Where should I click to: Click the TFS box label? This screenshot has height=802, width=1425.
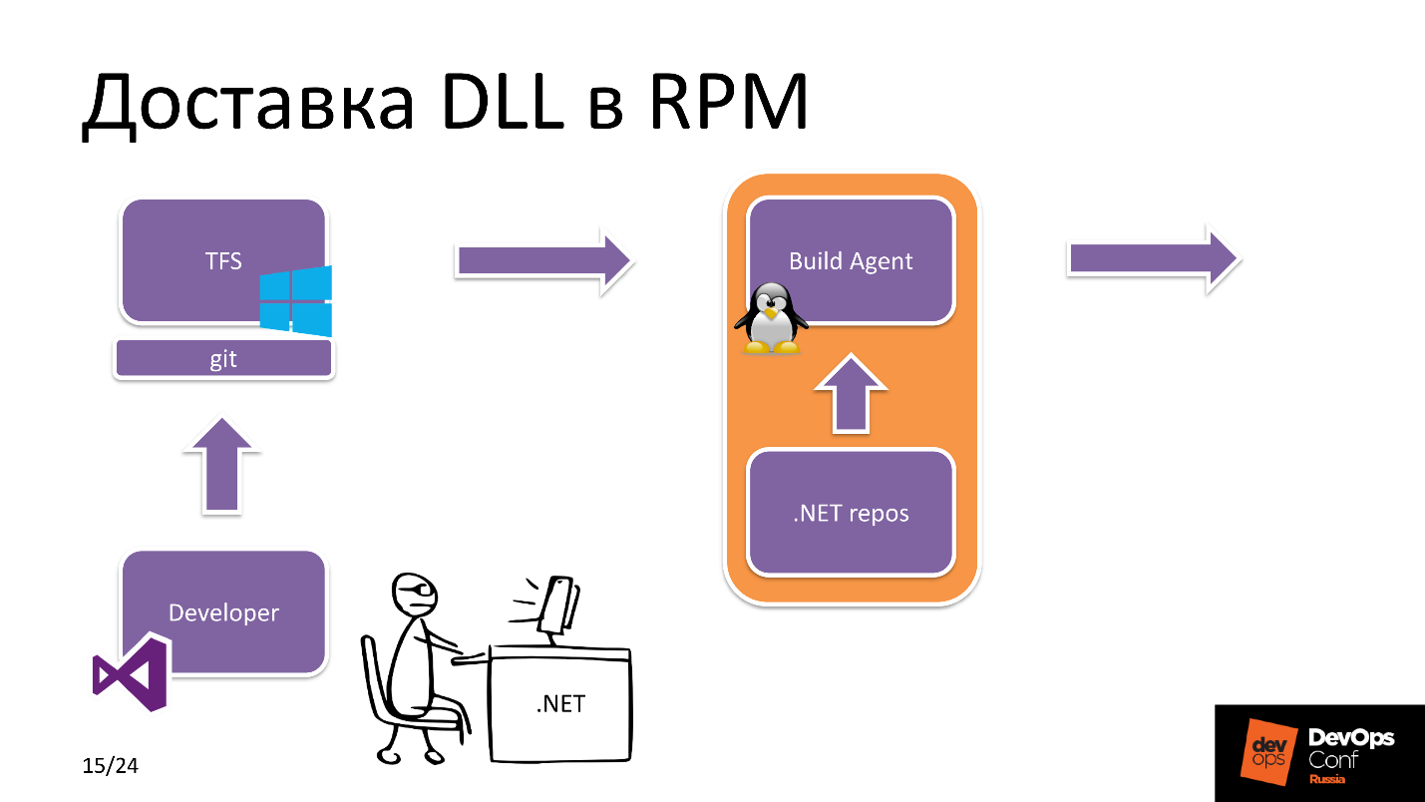(x=223, y=261)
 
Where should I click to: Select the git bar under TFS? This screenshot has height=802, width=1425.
(x=223, y=359)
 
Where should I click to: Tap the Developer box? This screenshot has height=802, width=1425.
(x=223, y=612)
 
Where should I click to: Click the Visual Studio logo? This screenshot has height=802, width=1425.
(x=130, y=673)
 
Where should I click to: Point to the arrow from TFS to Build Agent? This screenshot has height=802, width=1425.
(x=543, y=261)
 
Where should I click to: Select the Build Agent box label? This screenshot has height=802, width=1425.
(x=851, y=261)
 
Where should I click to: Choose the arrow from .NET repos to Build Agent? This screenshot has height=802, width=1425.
(x=851, y=393)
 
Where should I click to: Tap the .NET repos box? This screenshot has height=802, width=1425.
(x=851, y=514)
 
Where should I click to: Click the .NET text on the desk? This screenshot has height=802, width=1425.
(x=560, y=703)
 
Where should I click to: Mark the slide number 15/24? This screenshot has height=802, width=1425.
(x=110, y=766)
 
